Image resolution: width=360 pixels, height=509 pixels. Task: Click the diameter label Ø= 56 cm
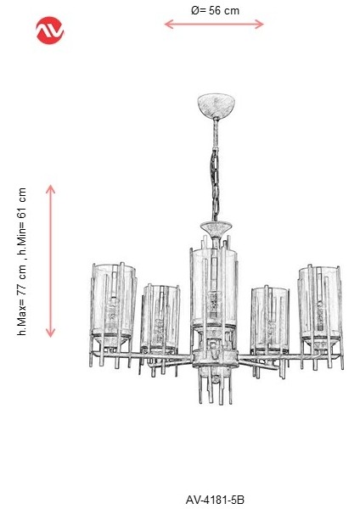[214, 9]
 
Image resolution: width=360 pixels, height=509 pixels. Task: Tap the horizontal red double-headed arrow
[214, 25]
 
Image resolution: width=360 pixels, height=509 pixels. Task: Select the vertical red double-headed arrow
[51, 260]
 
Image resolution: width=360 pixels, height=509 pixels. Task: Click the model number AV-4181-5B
[214, 501]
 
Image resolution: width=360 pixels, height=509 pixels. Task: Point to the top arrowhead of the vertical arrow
[51, 188]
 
